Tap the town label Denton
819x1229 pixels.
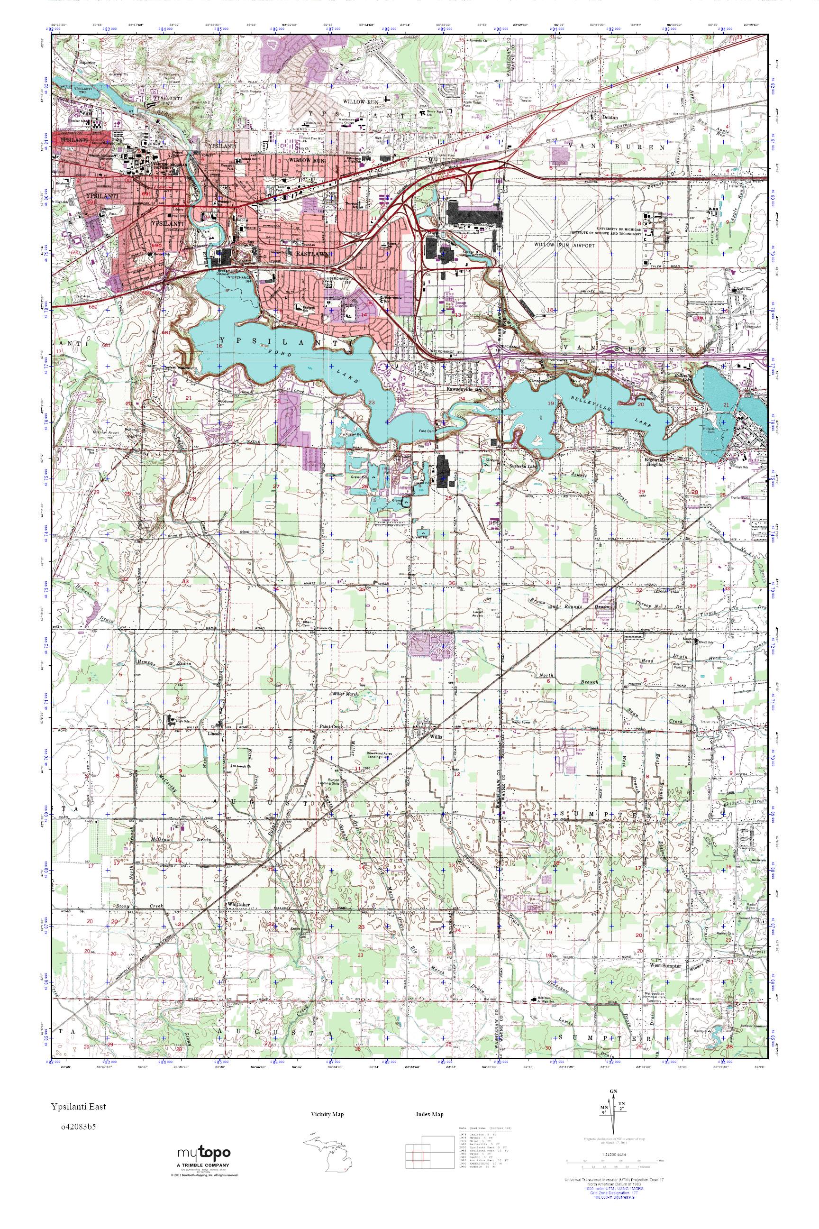[610, 118]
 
